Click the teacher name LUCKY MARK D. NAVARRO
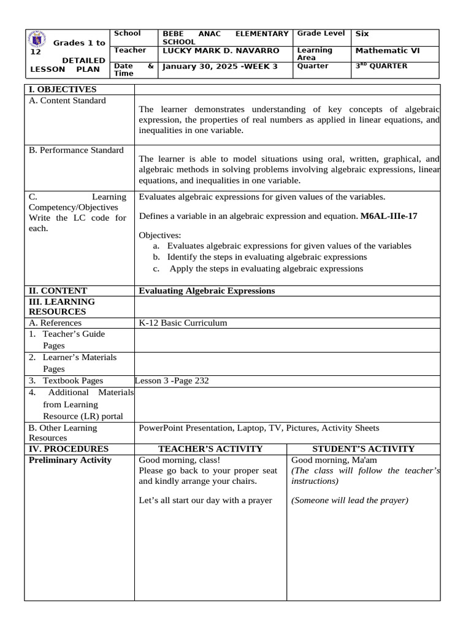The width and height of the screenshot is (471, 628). [x=220, y=50]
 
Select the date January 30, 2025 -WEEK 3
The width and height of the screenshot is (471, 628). [x=219, y=66]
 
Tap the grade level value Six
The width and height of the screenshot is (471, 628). [x=362, y=34]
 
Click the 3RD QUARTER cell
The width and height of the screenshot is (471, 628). [x=381, y=66]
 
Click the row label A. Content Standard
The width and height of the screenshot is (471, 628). [x=67, y=101]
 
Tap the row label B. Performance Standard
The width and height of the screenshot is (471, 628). [x=76, y=150]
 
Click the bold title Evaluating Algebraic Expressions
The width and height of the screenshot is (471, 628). [x=207, y=291]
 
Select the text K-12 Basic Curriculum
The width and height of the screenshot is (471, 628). [x=183, y=323]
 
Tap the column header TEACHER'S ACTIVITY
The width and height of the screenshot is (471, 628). [x=210, y=449]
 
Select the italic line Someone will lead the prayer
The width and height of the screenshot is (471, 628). [x=350, y=500]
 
